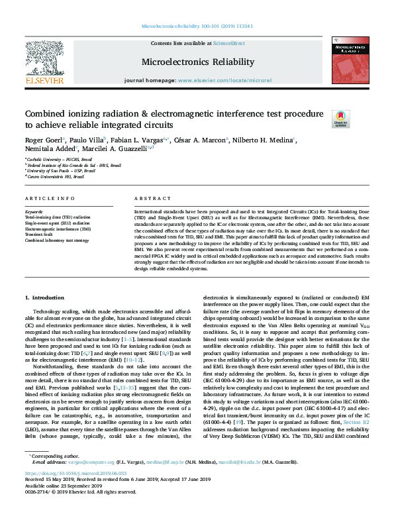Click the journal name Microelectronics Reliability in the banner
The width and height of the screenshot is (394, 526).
click(197, 62)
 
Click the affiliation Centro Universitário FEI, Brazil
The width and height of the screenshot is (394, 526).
click(56, 177)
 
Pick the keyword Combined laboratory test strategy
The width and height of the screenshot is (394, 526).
click(56, 240)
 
